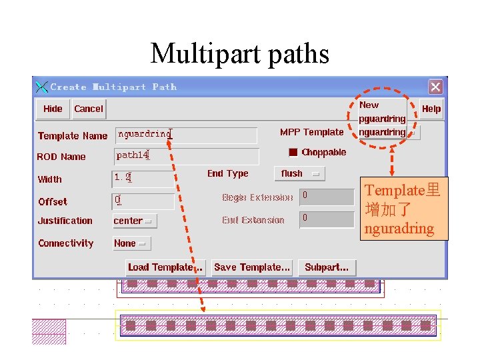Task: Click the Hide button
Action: point(53,109)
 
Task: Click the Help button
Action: point(431,109)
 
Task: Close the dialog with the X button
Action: point(435,87)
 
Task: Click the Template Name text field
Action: point(186,135)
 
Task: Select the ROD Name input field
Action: point(185,156)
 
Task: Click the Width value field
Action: point(142,179)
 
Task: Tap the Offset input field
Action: point(142,201)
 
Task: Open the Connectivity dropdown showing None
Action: point(131,243)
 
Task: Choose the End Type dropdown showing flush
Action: point(299,173)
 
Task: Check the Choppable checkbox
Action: point(293,152)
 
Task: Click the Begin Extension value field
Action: point(326,197)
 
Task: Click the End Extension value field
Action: point(326,219)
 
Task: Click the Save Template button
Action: point(251,267)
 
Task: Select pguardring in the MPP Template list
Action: point(382,119)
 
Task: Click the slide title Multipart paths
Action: point(240,53)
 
